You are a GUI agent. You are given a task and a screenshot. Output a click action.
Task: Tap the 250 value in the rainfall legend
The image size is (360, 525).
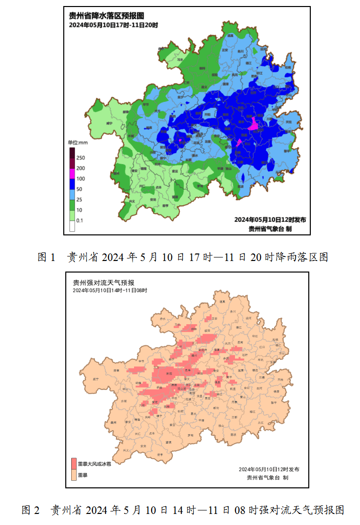[x=80, y=158]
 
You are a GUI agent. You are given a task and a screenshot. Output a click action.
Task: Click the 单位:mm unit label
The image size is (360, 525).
[x=78, y=143]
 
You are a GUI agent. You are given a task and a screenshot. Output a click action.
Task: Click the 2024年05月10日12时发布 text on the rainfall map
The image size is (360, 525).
[x=270, y=219]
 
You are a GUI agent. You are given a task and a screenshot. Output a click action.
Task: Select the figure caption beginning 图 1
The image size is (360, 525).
[x=183, y=257]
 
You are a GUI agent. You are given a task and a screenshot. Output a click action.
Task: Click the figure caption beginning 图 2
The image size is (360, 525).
[x=183, y=510]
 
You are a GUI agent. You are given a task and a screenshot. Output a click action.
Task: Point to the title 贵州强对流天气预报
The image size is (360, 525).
[x=103, y=283]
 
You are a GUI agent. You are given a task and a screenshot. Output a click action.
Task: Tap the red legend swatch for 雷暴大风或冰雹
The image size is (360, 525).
[x=74, y=463]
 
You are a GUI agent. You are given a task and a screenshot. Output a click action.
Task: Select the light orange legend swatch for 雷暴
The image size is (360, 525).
[x=74, y=474]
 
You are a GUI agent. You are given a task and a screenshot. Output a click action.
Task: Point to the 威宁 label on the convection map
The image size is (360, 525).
[x=96, y=379]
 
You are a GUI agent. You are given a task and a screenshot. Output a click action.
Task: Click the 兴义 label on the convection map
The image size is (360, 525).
[x=126, y=450]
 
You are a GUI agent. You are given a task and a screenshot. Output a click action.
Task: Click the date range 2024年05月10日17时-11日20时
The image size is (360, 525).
[x=113, y=25]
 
